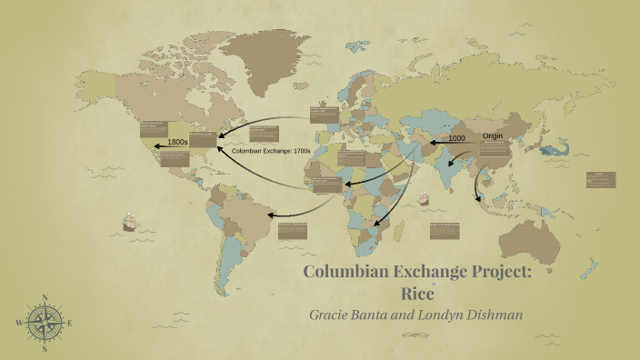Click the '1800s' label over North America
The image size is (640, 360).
[177, 143]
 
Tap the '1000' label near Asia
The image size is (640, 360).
[456, 138]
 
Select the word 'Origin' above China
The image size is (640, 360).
[493, 135]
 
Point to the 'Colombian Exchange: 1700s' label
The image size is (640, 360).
[272, 150]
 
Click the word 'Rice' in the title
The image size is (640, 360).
[419, 293]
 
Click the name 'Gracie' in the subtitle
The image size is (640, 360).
[336, 315]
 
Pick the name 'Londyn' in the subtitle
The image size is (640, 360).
[433, 315]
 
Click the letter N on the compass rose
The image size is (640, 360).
[44, 296]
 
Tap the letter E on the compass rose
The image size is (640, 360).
[70, 323]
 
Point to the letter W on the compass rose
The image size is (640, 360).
[17, 323]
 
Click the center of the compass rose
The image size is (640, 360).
[44, 323]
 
